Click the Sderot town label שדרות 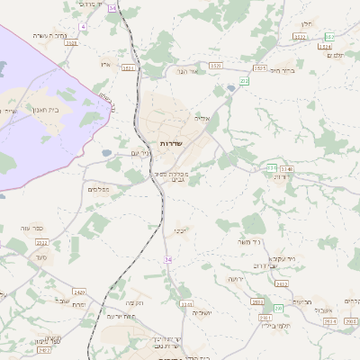(171, 144)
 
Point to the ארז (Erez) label (106, 65)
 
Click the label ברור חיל (283, 69)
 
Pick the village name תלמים (334, 55)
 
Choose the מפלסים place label (99, 189)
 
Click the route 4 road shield (83, 28)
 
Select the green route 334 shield (271, 167)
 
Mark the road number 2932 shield (281, 283)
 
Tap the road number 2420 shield (79, 292)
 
